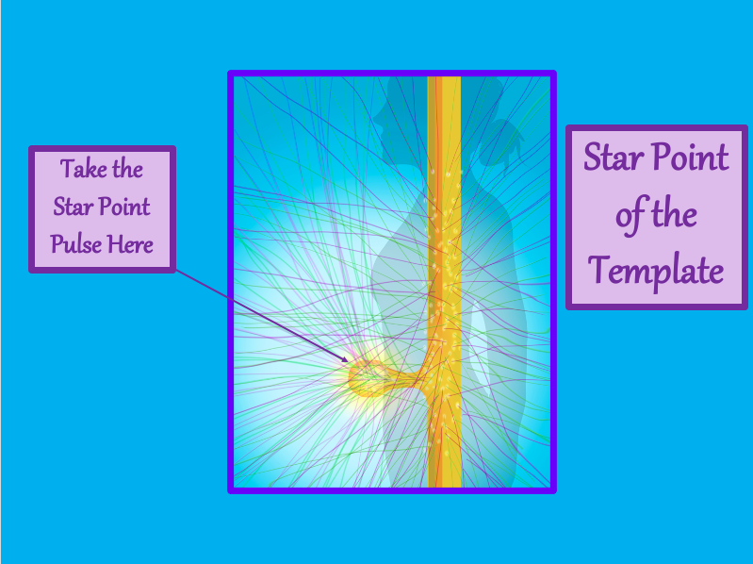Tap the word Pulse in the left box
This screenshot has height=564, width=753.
76,244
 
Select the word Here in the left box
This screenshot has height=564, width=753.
130,244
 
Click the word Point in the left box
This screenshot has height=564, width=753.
124,207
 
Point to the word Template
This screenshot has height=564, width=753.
656,271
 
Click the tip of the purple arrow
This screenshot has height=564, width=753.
348,361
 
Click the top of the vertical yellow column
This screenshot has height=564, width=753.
444,78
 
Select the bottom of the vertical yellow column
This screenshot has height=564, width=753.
444,486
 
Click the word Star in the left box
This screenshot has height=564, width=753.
73,207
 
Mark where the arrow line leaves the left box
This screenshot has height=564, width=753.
176,271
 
